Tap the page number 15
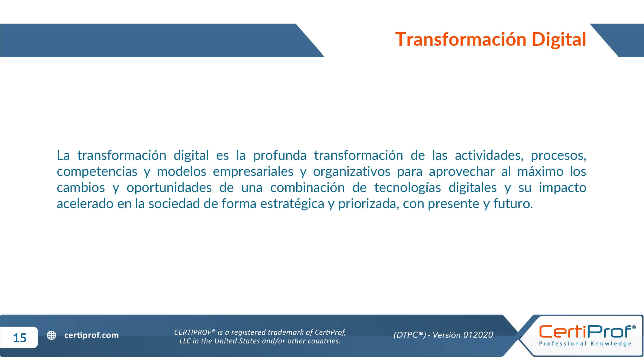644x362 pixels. pyautogui.click(x=20, y=338)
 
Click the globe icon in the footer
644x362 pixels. pyautogui.click(x=52, y=335)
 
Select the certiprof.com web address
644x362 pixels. pyautogui.click(x=91, y=335)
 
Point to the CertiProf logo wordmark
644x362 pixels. pyautogui.click(x=587, y=332)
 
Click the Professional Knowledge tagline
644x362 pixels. pyautogui.click(x=585, y=344)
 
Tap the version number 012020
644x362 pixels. pyautogui.click(x=478, y=335)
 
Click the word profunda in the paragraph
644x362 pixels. pyautogui.click(x=279, y=155)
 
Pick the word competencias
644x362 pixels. pyautogui.click(x=97, y=172)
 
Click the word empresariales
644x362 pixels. pyautogui.click(x=253, y=172)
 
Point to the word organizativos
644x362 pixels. pyautogui.click(x=352, y=172)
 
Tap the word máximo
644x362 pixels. pyautogui.click(x=540, y=172)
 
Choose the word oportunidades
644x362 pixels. pyautogui.click(x=169, y=188)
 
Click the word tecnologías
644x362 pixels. pyautogui.click(x=407, y=188)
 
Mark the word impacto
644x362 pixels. pyautogui.click(x=563, y=188)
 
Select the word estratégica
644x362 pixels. pyautogui.click(x=292, y=204)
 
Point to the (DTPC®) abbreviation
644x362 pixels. pyautogui.click(x=410, y=335)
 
